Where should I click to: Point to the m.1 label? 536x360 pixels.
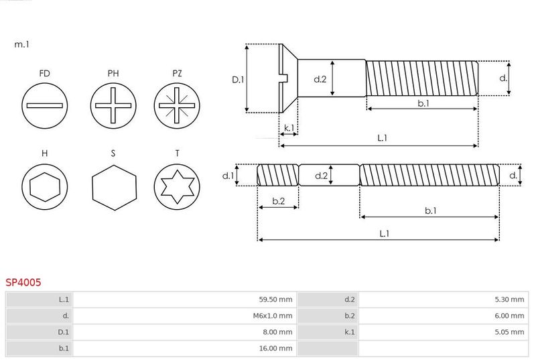pos(21,44)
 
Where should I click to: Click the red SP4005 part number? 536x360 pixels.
pos(23,282)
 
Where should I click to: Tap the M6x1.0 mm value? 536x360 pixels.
pos(273,316)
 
